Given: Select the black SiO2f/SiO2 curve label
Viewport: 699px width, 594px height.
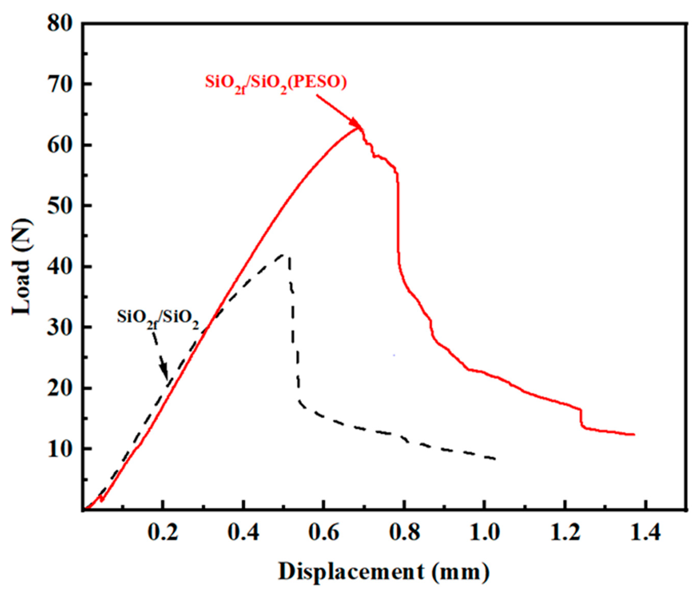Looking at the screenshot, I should (158, 318).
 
